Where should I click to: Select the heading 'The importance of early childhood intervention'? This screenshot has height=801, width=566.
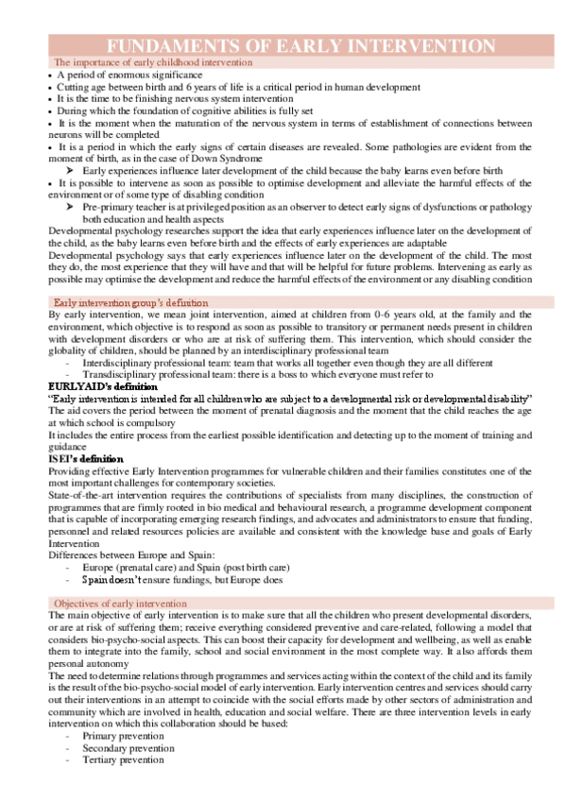pyautogui.click(x=153, y=61)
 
